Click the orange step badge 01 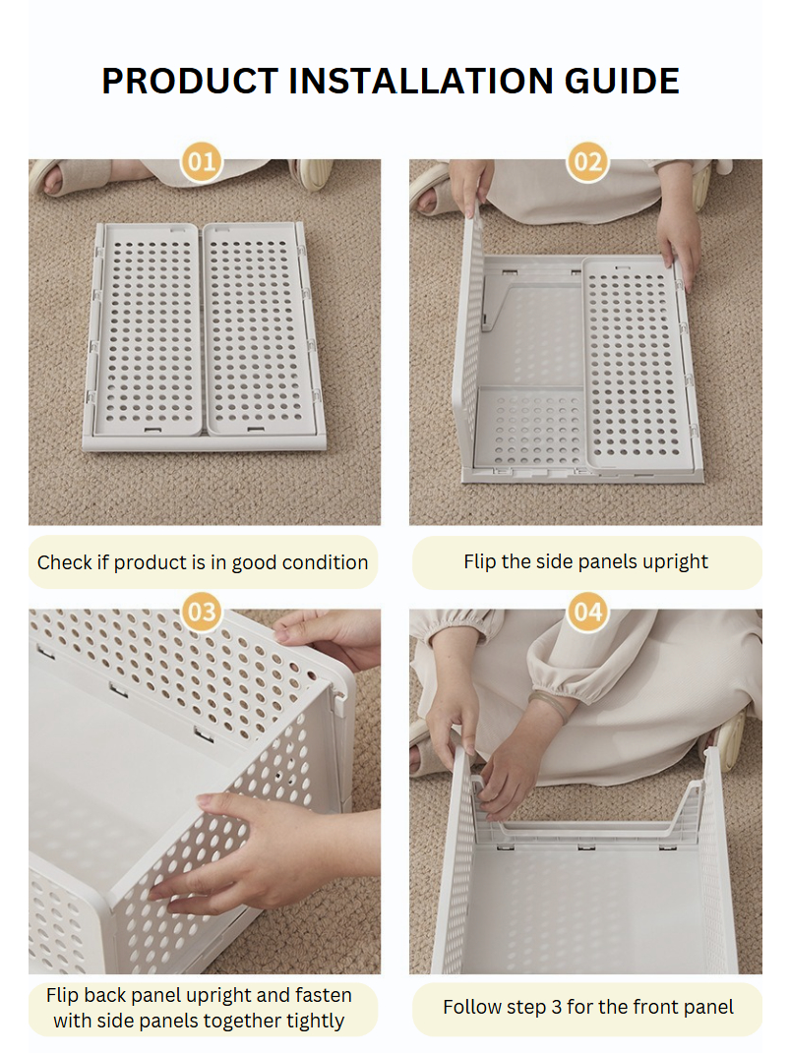coord(202,162)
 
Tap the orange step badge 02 coord(587,162)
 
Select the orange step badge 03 coord(202,612)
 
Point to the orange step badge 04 coord(587,612)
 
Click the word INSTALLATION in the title coord(421,81)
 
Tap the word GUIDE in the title coord(622,81)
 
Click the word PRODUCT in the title coord(190,81)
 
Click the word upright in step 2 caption coord(674,562)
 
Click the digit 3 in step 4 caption coord(556,1008)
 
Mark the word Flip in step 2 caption coord(480,562)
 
